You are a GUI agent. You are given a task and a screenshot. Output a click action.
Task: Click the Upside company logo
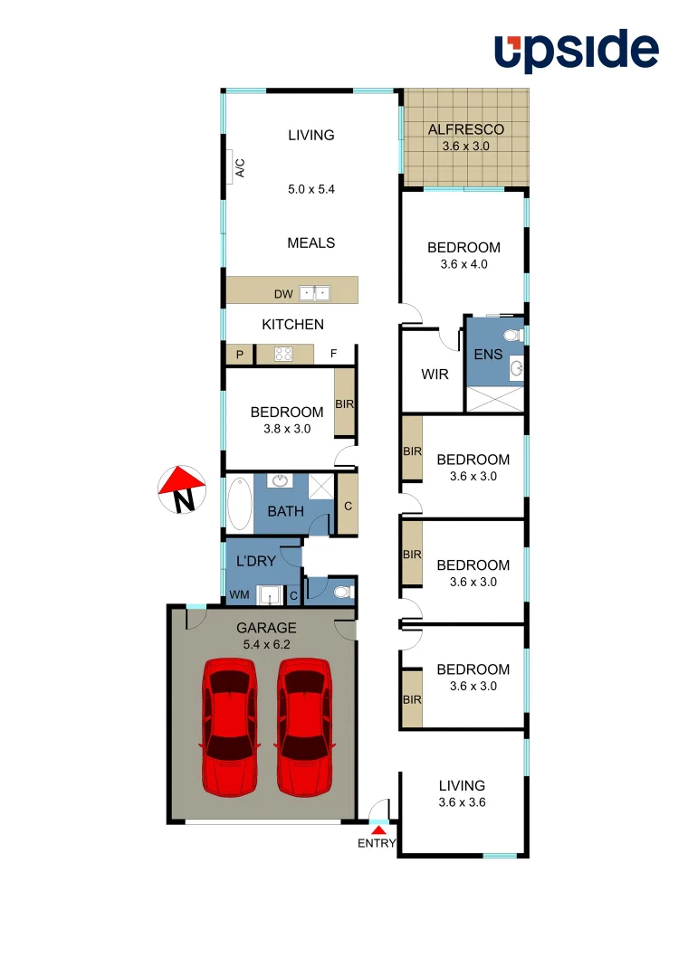pyautogui.click(x=576, y=52)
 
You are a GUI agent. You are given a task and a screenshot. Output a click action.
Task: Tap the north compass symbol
pyautogui.click(x=181, y=488)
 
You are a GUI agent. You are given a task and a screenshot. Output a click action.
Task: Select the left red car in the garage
pyautogui.click(x=226, y=726)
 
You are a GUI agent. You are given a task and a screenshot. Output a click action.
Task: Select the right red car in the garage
pyautogui.click(x=302, y=726)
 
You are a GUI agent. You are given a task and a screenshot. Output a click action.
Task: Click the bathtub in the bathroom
pyautogui.click(x=239, y=504)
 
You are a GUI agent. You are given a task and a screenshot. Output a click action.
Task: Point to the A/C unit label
pyautogui.click(x=240, y=167)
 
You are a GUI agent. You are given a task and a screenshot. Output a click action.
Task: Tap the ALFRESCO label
pyautogui.click(x=465, y=129)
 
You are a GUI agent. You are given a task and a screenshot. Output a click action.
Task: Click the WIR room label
pyautogui.click(x=435, y=374)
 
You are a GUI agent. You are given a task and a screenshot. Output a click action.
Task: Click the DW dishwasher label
pyautogui.click(x=283, y=294)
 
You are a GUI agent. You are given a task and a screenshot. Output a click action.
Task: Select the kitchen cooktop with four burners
pyautogui.click(x=283, y=355)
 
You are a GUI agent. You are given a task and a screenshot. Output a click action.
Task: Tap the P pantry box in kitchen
pyautogui.click(x=240, y=355)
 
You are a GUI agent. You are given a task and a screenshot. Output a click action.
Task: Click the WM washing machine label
pyautogui.click(x=239, y=594)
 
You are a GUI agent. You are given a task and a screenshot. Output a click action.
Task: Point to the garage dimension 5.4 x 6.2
pyautogui.click(x=266, y=644)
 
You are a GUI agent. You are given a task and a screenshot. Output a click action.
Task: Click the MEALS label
pyautogui.click(x=311, y=242)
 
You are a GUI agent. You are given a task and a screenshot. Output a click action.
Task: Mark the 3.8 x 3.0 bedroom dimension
pyautogui.click(x=286, y=429)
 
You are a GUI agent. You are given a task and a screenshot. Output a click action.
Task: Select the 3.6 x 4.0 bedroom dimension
pyautogui.click(x=463, y=264)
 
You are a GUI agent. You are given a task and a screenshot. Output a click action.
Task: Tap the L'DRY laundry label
pyautogui.click(x=255, y=561)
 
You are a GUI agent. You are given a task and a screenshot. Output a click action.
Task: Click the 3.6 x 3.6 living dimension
pyautogui.click(x=462, y=802)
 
